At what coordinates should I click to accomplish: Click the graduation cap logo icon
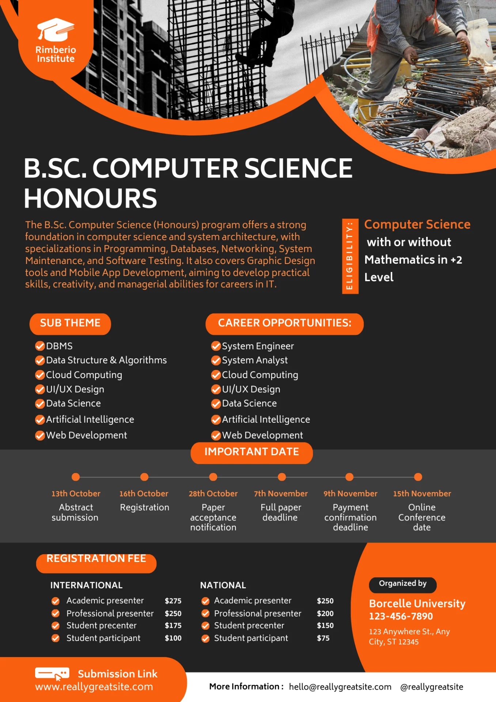[56, 30]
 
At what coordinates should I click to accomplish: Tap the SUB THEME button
[70, 323]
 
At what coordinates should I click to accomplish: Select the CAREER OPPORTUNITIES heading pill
[284, 323]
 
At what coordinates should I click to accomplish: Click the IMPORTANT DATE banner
[251, 452]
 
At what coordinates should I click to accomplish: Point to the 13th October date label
[76, 494]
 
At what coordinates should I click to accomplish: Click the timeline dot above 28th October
[213, 477]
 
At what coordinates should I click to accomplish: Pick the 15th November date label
[422, 494]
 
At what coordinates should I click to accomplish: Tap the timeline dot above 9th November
[349, 477]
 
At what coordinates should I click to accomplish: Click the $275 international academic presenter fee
[173, 601]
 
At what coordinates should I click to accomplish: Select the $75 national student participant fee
[323, 638]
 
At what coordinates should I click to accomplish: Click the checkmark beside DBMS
[40, 346]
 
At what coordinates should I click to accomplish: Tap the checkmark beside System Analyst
[216, 361]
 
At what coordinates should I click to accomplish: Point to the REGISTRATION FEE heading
[96, 559]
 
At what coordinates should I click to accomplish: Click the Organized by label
[402, 584]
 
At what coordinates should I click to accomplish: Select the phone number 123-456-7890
[401, 616]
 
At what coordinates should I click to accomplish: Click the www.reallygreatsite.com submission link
[94, 687]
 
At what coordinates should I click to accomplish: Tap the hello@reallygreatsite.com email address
[340, 687]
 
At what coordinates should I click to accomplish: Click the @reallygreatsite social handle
[432, 687]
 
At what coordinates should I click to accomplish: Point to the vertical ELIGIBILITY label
[350, 256]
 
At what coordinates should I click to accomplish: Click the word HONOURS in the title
[90, 199]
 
